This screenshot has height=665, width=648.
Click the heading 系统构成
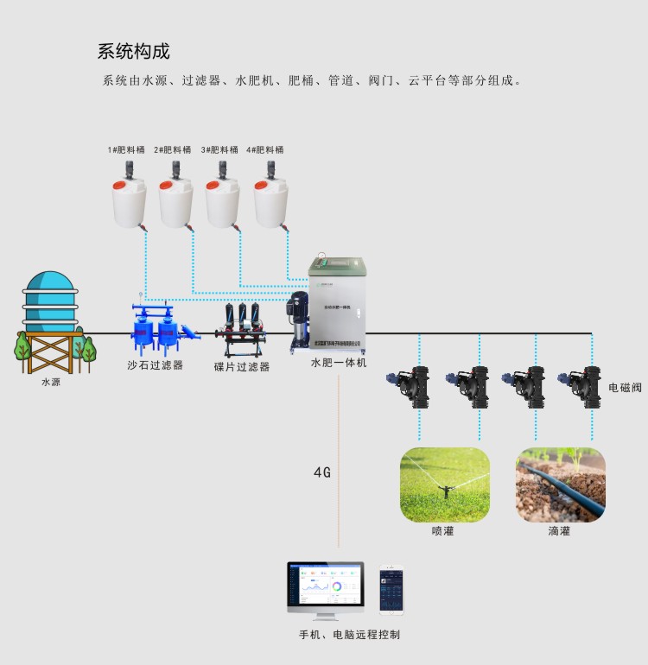tap(133, 51)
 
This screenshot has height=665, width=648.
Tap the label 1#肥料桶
tap(126, 149)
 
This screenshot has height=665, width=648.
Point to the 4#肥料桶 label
tap(265, 149)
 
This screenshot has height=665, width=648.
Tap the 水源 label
tap(51, 381)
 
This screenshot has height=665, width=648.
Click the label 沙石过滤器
tap(156, 365)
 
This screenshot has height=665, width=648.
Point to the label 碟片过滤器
tap(242, 367)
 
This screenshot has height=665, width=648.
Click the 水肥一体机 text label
tap(339, 363)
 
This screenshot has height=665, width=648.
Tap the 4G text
tap(322, 472)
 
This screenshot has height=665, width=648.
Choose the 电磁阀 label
tap(625, 388)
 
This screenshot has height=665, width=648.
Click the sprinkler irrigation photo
tap(444, 484)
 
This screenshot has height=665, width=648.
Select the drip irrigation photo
tap(561, 484)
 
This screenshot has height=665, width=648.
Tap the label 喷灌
tap(443, 531)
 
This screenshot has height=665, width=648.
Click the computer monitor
tap(326, 586)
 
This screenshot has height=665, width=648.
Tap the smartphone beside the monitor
tap(391, 590)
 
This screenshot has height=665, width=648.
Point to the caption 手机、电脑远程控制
tap(349, 635)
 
